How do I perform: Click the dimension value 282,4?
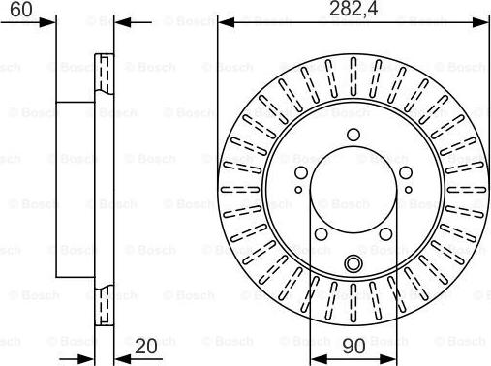pos(353,9)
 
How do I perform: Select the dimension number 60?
pos(21,9)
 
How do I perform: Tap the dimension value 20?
pos(146,346)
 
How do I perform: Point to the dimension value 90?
pos(353,346)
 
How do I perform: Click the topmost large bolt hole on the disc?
pos(353,135)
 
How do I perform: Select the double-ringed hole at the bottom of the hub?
pos(353,263)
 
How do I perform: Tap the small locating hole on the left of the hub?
pos(298,190)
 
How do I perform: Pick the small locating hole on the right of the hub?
pos(409,190)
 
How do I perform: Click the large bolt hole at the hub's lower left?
pos(321,234)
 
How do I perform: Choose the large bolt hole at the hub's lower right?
pos(385,234)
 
